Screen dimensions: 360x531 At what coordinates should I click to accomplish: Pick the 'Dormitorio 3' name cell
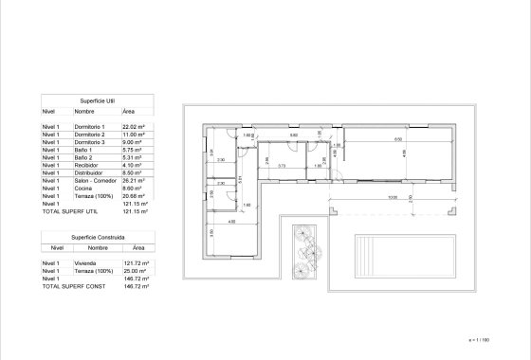point(92,141)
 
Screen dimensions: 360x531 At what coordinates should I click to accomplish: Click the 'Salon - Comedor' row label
point(96,179)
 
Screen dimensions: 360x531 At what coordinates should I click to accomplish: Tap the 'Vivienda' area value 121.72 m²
point(130,262)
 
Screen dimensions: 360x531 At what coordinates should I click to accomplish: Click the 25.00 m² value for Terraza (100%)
point(129,270)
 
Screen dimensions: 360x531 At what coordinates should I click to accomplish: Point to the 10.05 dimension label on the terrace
point(364,198)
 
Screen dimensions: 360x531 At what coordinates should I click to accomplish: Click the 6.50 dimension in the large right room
point(372,139)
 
